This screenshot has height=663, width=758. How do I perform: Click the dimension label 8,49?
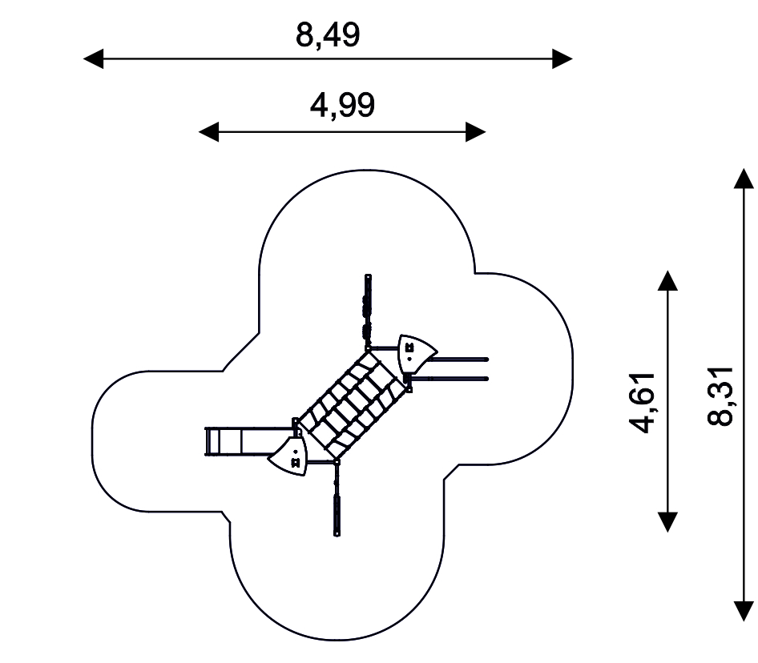point(328,34)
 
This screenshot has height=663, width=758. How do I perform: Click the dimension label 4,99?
point(342,106)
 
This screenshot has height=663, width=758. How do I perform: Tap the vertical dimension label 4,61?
point(643,403)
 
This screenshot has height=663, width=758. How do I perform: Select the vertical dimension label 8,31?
point(720,396)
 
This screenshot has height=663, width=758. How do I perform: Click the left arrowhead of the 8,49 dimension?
point(93,59)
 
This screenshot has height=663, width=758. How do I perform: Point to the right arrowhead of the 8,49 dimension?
point(562,59)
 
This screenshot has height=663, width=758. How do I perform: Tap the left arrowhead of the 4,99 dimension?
point(209,132)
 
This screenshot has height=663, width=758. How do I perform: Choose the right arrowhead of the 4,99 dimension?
point(476,132)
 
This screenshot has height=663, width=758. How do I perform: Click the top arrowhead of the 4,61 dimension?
point(667,280)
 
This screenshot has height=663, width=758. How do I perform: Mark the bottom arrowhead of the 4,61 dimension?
point(667,522)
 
